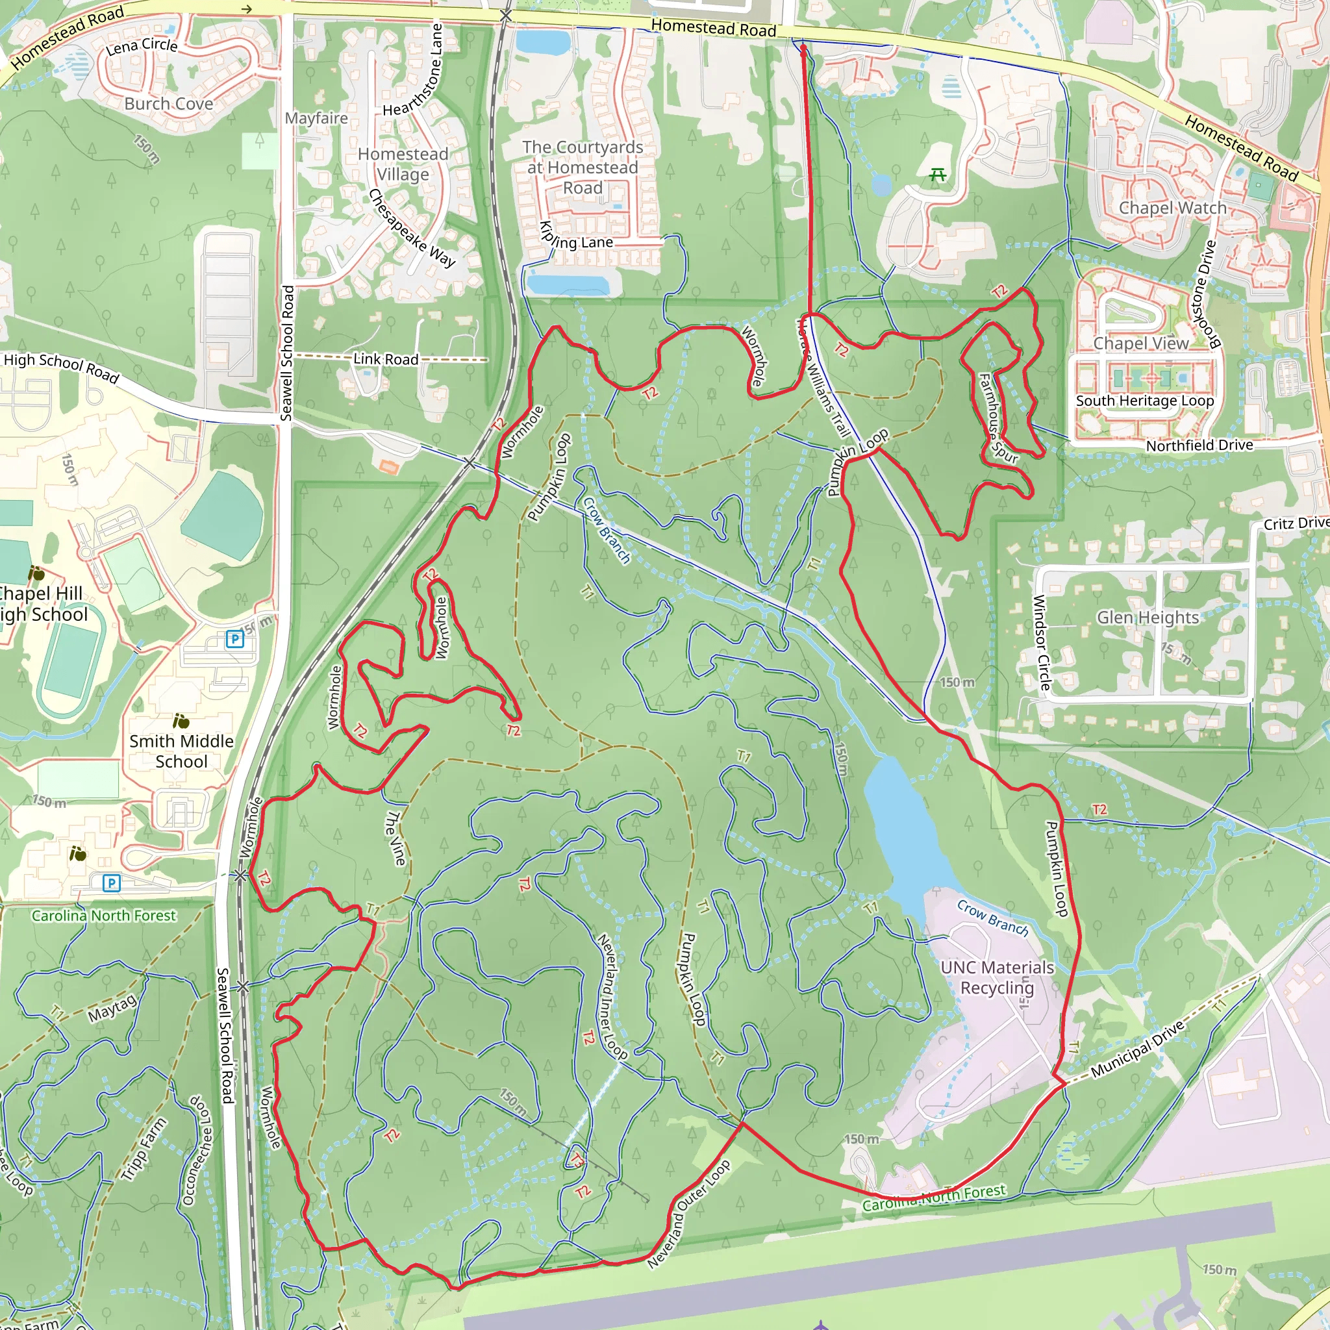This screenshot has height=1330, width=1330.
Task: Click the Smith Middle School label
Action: (x=181, y=751)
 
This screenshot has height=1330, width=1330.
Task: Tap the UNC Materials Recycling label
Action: (x=997, y=977)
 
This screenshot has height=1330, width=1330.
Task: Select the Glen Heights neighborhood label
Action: (x=1148, y=618)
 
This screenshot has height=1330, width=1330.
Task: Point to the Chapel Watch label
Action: (x=1172, y=208)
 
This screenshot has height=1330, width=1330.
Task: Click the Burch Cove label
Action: (x=169, y=104)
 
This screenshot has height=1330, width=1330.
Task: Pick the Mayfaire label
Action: (x=316, y=118)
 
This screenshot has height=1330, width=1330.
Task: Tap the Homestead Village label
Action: (x=403, y=164)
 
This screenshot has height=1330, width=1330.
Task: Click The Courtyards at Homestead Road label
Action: (x=583, y=168)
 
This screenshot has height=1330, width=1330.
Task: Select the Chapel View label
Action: (x=1140, y=343)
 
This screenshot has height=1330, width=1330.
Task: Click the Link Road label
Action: (x=386, y=359)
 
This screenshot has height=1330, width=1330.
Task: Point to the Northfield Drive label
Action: (x=1199, y=445)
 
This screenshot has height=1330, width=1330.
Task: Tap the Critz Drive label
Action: (x=1296, y=524)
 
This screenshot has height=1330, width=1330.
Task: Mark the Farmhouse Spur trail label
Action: (x=997, y=418)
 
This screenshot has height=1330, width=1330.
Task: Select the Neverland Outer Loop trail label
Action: (x=688, y=1215)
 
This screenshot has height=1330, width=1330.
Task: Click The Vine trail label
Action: (x=395, y=838)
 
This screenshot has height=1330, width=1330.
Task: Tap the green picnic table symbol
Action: (x=937, y=175)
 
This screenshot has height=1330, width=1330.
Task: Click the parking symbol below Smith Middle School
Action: (x=112, y=883)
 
